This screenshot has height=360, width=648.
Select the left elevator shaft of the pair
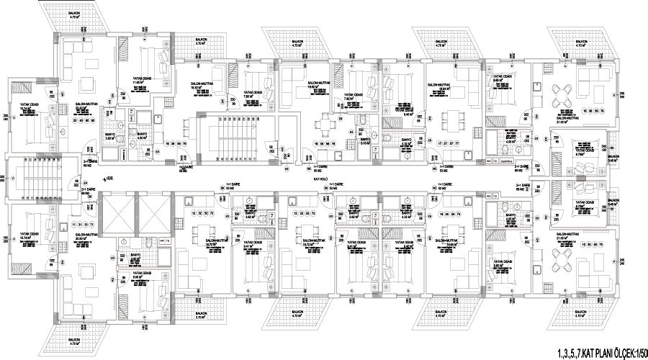[117, 214]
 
